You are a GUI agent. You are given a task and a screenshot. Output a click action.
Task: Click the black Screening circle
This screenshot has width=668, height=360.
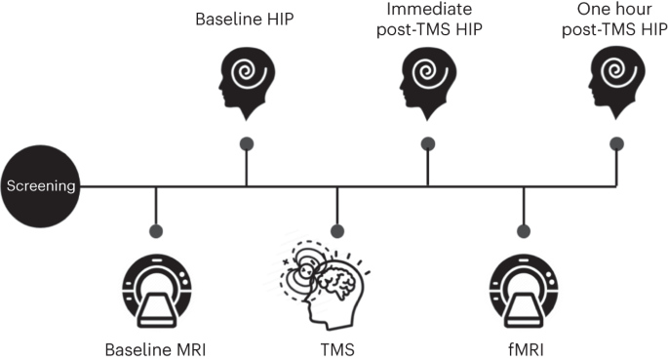click(41, 184)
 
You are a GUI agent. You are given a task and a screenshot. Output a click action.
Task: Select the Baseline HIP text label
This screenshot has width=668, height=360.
click(245, 19)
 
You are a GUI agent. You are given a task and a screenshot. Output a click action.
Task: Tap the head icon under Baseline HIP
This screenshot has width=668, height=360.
click(245, 79)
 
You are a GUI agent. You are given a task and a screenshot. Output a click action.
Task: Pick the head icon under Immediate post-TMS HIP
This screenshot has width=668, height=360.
click(428, 79)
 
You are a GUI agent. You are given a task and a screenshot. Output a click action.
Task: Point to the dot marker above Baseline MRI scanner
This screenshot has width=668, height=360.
click(156, 231)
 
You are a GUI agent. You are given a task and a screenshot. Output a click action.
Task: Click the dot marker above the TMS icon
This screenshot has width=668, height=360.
click(336, 231)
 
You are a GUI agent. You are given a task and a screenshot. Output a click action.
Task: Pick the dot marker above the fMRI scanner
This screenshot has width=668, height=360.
click(525, 231)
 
